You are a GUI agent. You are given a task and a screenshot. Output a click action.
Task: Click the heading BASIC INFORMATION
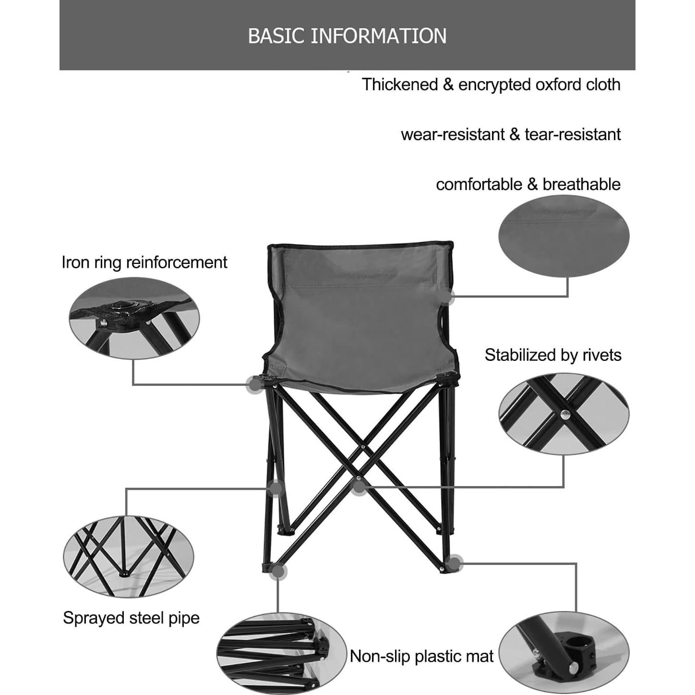pos(347,36)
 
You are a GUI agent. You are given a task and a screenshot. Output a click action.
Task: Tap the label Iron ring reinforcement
pos(144,262)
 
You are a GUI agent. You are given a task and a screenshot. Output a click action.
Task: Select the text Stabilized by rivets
pos(552,355)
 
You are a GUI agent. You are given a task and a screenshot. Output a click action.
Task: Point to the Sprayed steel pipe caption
pos(131,618)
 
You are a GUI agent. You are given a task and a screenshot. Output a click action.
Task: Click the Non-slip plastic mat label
pos(421,656)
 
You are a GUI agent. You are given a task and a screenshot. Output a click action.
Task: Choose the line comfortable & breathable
pos(528,184)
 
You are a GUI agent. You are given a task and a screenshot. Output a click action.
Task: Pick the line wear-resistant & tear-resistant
pos(511,134)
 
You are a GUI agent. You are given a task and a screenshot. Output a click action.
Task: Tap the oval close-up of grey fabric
pos(563,236)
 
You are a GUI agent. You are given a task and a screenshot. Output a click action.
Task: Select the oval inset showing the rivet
pos(563,413)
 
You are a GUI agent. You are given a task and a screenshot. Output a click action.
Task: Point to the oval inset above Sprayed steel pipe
pos(129,556)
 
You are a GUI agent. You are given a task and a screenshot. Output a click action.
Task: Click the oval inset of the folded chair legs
pos(281,653)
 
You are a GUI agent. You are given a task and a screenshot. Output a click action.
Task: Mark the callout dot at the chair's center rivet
pos(359,488)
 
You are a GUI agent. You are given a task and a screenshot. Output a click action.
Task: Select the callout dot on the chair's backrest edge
pos(448,297)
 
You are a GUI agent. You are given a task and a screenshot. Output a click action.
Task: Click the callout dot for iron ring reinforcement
pos(254,384)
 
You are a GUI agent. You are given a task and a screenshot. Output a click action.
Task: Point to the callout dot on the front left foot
pos(278,571)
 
